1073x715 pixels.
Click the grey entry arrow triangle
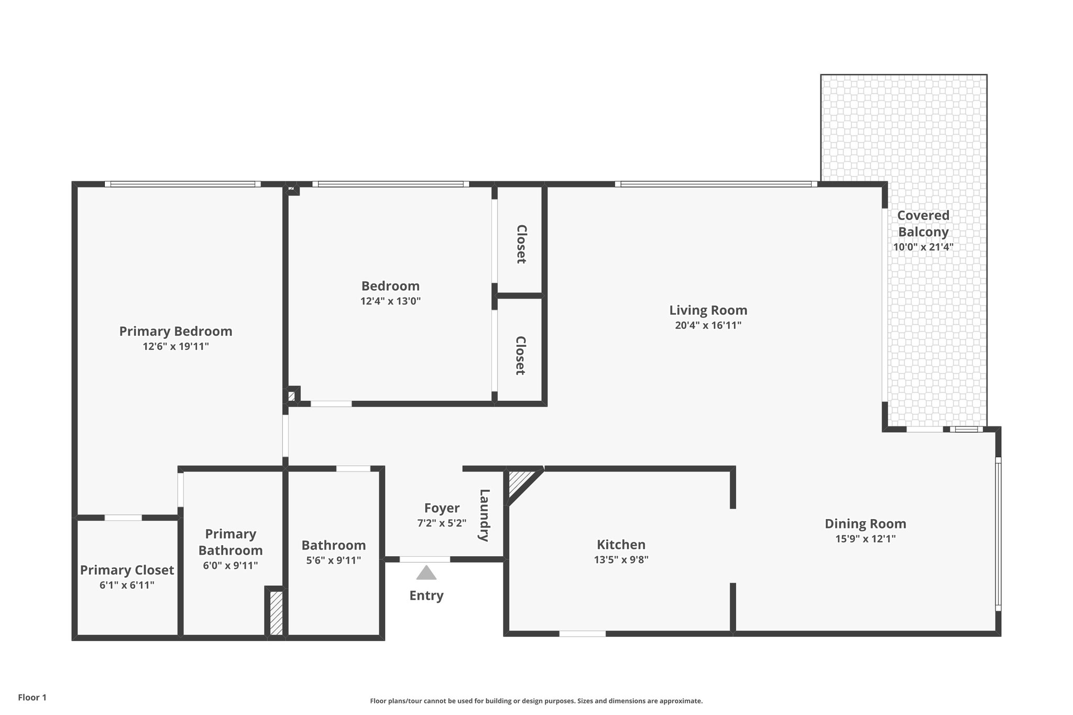tap(426, 573)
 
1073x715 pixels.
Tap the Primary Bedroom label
tap(176, 331)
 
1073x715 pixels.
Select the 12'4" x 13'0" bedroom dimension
tap(390, 301)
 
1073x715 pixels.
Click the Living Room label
tap(708, 310)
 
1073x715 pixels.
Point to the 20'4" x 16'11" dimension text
tap(708, 325)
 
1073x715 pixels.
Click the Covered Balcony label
tap(923, 224)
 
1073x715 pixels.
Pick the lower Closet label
tap(520, 356)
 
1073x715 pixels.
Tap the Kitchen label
tap(621, 545)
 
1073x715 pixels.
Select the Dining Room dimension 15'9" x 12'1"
tap(865, 539)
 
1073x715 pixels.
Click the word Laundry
tap(484, 515)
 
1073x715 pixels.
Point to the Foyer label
tap(442, 508)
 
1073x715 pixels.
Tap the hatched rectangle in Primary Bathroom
tap(276, 613)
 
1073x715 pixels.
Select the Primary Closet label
tap(127, 570)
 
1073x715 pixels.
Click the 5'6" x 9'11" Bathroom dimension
tap(333, 560)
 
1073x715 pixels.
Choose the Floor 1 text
tap(32, 697)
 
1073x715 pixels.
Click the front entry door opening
tap(424, 559)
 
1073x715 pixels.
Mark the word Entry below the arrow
tap(426, 596)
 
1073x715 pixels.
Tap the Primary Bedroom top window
tap(182, 184)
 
